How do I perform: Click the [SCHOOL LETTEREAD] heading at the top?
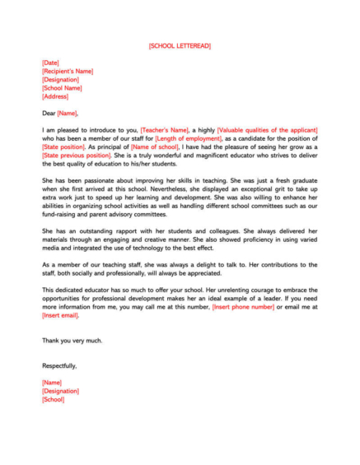coord(180,46)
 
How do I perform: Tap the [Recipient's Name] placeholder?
coord(72,72)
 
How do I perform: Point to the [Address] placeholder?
coord(54,96)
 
